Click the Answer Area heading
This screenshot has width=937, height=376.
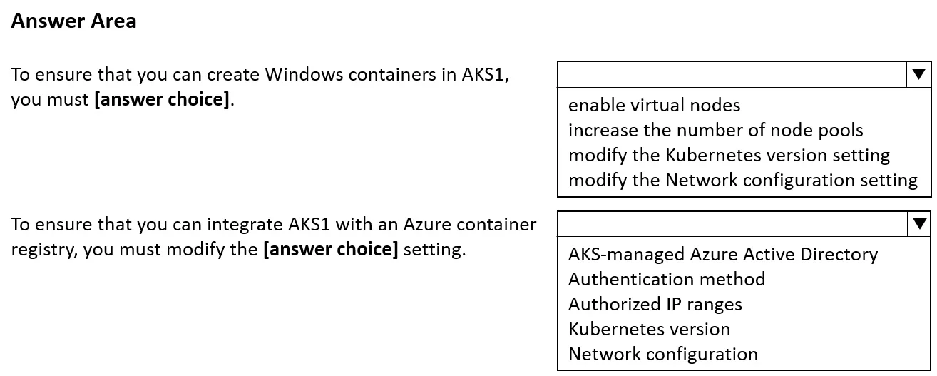[73, 21]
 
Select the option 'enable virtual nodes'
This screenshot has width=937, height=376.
[654, 105]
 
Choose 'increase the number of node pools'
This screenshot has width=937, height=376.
[716, 131]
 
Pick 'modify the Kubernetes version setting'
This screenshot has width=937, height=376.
[729, 156]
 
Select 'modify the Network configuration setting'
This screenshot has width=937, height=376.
[743, 181]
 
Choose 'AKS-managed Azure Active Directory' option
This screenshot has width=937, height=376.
[723, 254]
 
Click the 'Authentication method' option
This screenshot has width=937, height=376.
[667, 279]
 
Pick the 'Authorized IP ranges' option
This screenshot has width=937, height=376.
[655, 305]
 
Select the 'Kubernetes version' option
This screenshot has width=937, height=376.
[649, 329]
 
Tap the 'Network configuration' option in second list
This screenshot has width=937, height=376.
[663, 354]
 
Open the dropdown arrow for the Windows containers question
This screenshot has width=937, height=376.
[918, 74]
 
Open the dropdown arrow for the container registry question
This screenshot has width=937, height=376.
[919, 224]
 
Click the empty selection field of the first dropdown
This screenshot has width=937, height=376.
[732, 74]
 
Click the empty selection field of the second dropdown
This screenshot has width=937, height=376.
[732, 224]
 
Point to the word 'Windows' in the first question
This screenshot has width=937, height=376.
[304, 74]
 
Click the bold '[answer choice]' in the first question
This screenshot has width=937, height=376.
[163, 100]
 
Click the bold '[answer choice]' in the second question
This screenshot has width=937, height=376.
[331, 250]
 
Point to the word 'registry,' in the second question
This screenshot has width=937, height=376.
[44, 250]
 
